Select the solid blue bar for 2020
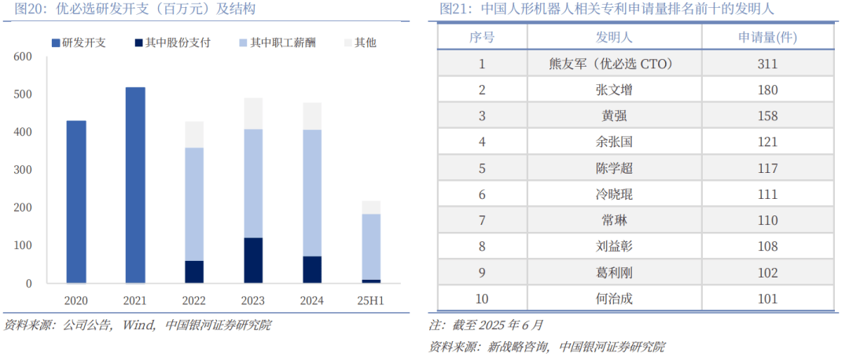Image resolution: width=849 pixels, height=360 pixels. point(76,201)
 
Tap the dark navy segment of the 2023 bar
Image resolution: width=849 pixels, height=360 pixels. point(253,260)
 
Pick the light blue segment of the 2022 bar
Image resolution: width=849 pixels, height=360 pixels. point(194,204)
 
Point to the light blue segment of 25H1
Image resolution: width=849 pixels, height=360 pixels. point(371,246)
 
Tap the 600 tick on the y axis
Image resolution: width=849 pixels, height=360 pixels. point(22,57)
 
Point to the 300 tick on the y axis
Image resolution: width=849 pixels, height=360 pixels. point(22,170)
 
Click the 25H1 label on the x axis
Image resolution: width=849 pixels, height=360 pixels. point(371,299)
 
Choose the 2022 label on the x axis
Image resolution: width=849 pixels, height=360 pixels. point(194,299)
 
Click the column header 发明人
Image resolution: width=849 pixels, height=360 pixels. point(613,37)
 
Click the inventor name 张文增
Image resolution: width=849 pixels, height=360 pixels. point(613,90)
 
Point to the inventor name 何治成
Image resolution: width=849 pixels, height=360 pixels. point(613,298)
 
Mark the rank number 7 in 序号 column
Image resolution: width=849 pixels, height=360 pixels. point(482,220)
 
